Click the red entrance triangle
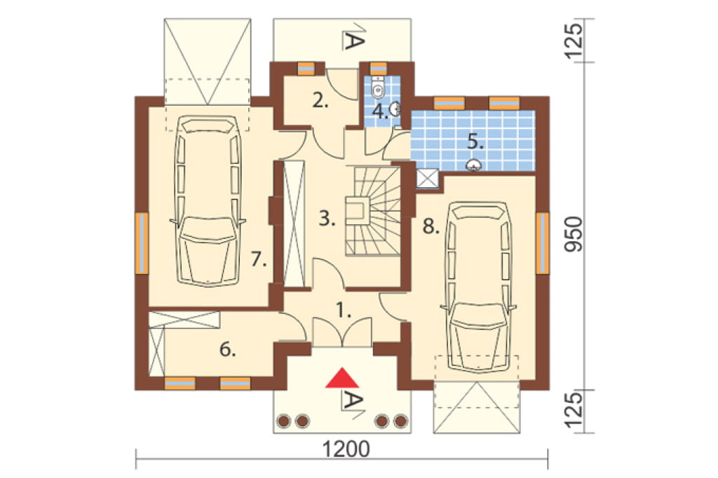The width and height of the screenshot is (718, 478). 341,378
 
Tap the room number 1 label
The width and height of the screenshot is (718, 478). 344,311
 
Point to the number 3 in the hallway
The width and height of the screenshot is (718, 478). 327,219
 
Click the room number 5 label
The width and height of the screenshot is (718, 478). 475,142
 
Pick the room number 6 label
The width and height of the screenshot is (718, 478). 228,350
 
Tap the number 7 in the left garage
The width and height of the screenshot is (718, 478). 259,259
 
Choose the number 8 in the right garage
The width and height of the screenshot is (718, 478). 431,226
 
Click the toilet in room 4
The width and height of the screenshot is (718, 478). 378,88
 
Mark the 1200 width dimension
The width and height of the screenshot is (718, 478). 346,449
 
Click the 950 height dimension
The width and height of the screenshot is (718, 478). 574,234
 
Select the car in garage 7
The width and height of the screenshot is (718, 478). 208,201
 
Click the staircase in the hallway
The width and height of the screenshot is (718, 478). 373,211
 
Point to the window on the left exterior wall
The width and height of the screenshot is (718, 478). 142,243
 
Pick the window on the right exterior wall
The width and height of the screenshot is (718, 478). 543,243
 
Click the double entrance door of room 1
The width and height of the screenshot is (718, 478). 342,332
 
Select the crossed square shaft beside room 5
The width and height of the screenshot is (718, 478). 427,179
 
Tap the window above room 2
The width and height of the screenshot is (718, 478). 306,68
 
